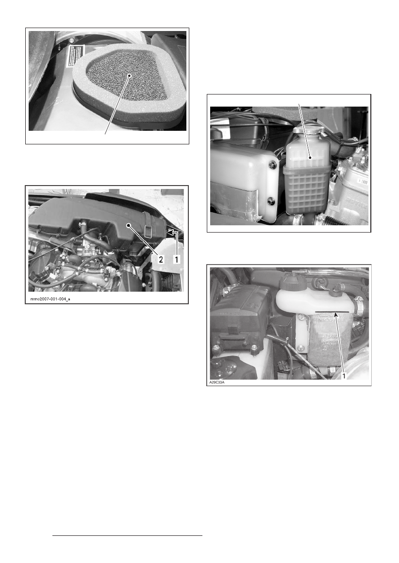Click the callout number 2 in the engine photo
tap(160, 259)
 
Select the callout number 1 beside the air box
tap(177, 259)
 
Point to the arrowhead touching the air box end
tap(170, 233)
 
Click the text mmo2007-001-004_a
tap(50, 299)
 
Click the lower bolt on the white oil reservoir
tap(271, 200)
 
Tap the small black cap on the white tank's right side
tap(335, 293)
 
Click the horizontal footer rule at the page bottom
tap(127, 536)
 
